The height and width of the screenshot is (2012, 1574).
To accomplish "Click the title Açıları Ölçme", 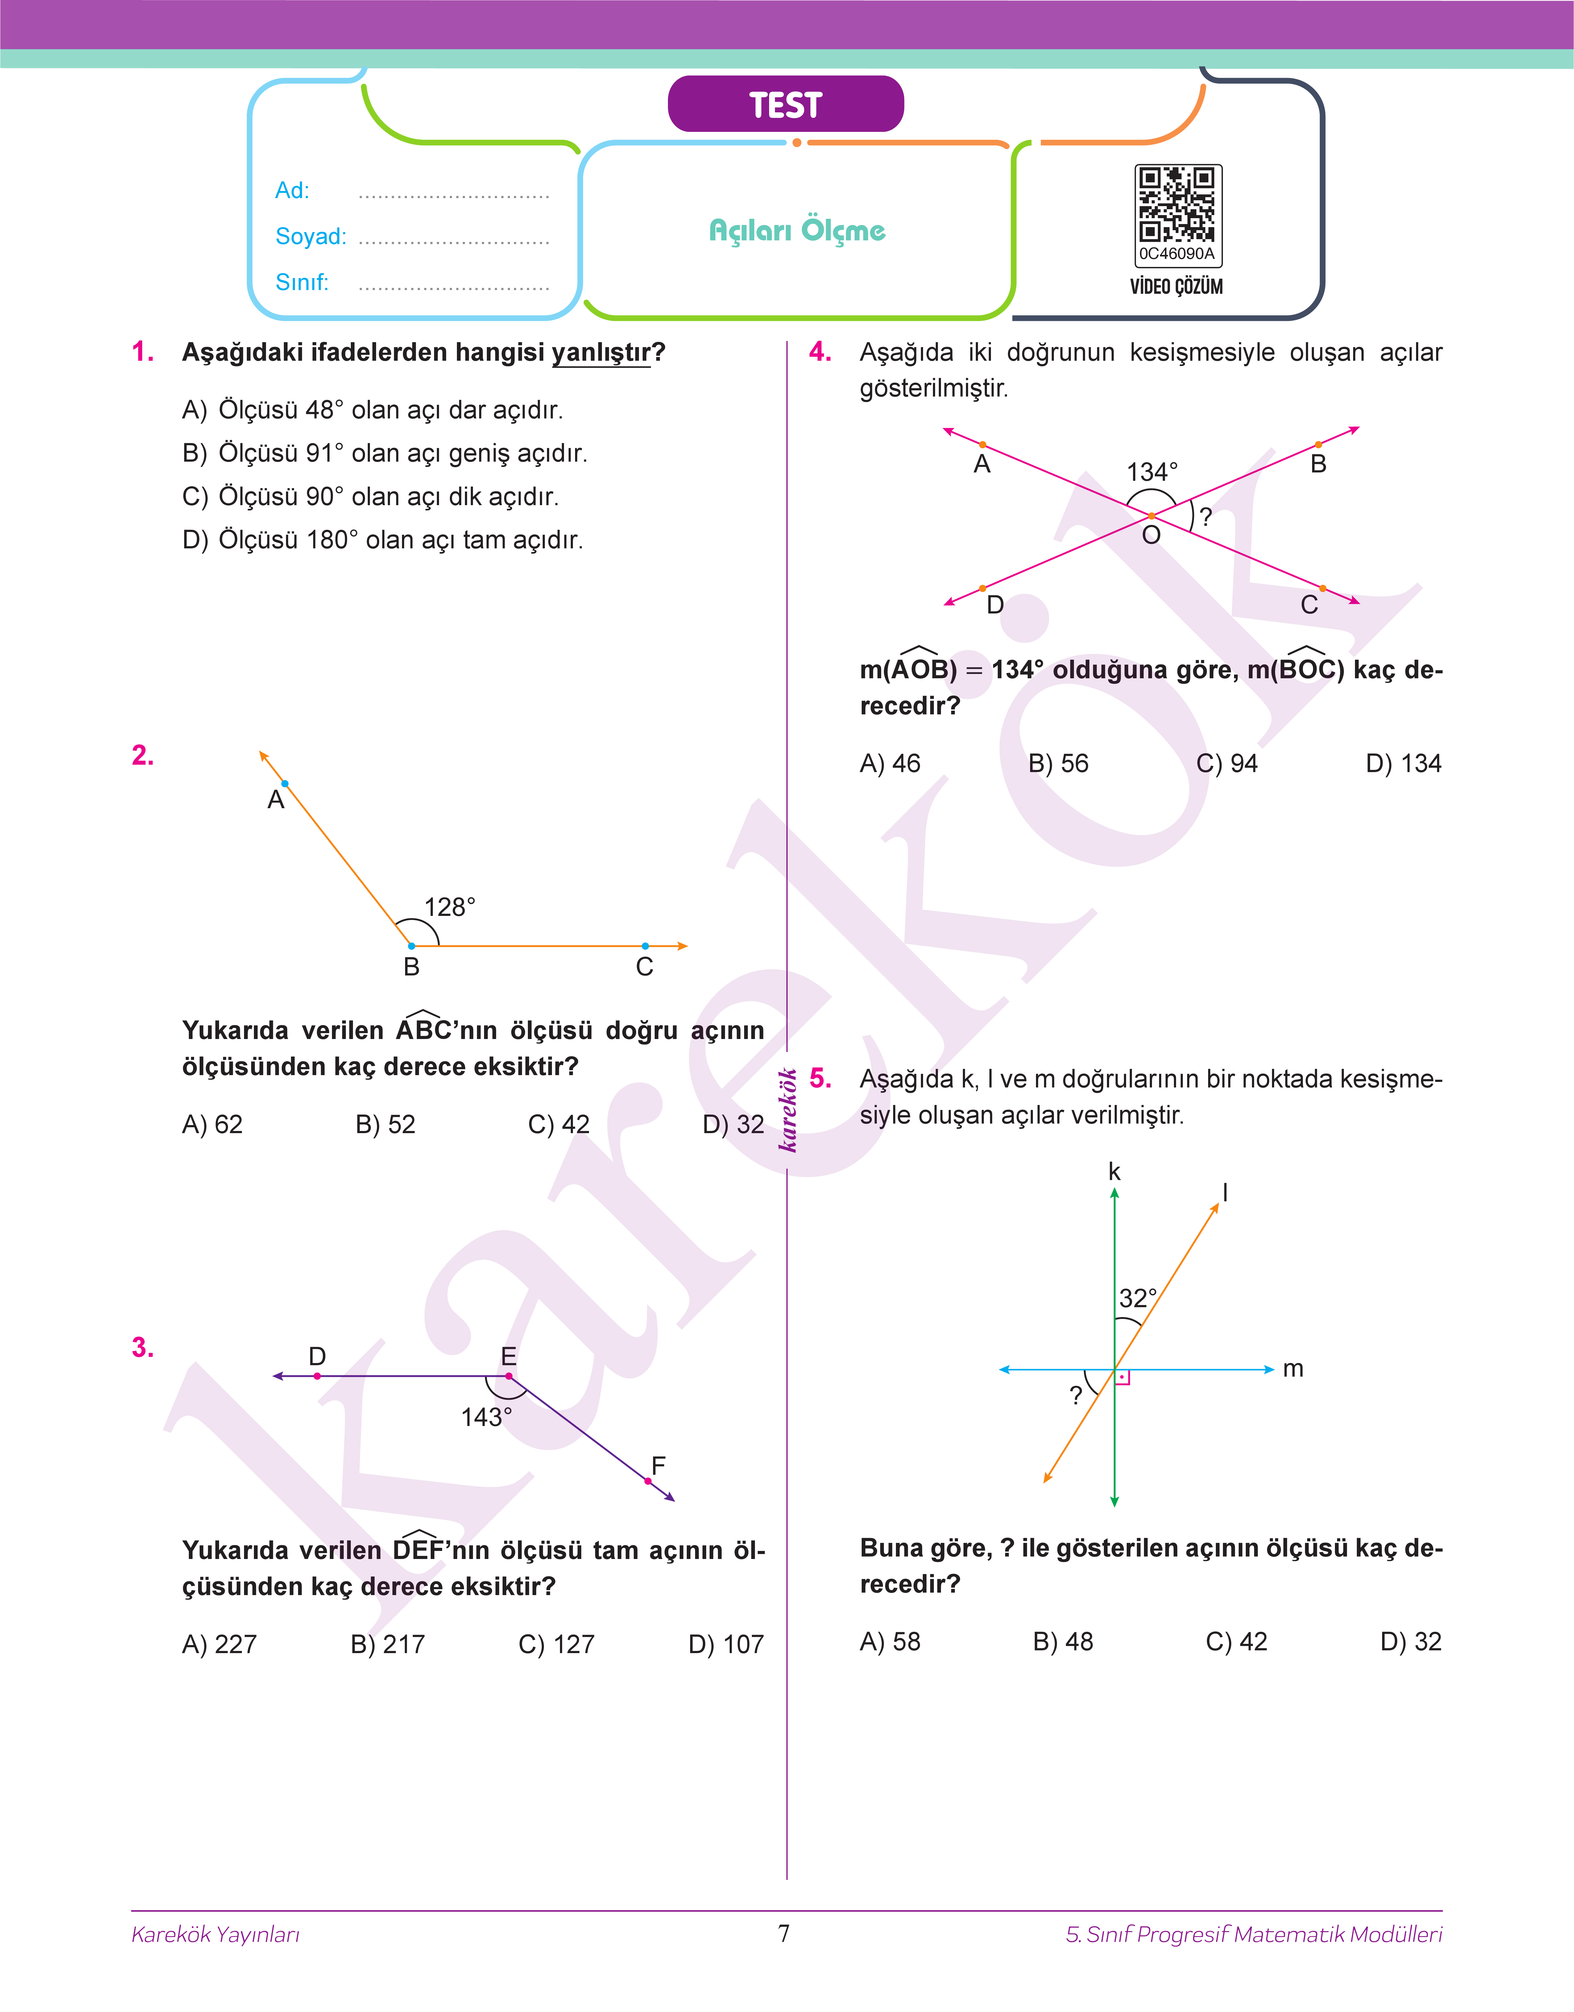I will click(x=797, y=231).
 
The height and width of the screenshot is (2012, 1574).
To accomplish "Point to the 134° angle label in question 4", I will click(x=1152, y=472).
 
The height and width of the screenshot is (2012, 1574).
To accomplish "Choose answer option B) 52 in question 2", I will click(x=385, y=1124).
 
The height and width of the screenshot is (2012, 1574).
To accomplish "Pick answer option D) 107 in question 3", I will click(x=726, y=1644).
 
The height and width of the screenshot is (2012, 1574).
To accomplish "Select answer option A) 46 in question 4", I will click(x=890, y=763).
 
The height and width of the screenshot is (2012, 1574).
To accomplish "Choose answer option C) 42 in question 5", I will click(x=1237, y=1641).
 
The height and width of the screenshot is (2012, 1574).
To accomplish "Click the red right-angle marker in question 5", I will click(x=1122, y=1378).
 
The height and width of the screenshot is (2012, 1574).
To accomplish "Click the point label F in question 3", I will click(x=658, y=1465).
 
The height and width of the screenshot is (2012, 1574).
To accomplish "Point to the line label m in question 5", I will click(x=1293, y=1369).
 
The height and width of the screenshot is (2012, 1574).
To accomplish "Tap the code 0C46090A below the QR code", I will click(x=1177, y=253).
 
